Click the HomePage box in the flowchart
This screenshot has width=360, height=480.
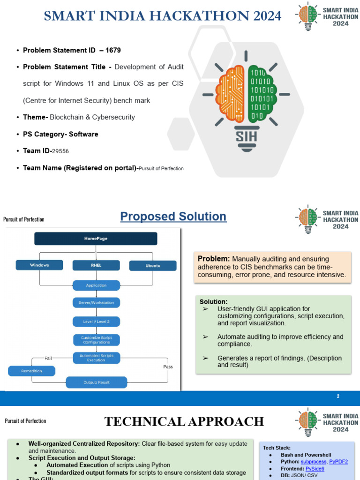click(96, 239)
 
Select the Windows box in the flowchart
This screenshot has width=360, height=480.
click(39, 265)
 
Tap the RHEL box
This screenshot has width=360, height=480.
click(96, 265)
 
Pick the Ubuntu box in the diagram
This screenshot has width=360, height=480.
click(153, 266)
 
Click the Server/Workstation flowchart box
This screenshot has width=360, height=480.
click(96, 303)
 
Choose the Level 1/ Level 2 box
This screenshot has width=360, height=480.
click(96, 322)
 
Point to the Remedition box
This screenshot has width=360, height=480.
click(31, 371)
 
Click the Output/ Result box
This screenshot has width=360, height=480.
click(96, 382)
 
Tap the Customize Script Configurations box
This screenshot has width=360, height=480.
click(96, 340)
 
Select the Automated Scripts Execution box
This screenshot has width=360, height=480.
click(96, 358)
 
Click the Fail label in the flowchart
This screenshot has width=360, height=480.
click(48, 358)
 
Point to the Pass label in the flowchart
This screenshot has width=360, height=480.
click(168, 367)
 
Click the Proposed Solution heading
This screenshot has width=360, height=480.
click(173, 217)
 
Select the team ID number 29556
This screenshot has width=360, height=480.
click(60, 151)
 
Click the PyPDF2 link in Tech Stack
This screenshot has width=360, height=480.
click(338, 462)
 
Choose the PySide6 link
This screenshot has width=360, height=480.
click(315, 468)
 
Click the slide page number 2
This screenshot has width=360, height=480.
click(338, 397)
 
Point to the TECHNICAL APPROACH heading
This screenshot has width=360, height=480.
click(184, 421)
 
